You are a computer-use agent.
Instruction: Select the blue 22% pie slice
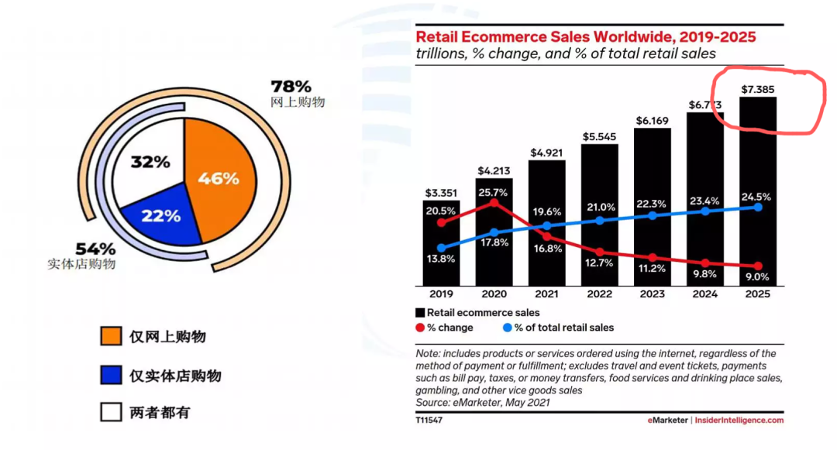pyautogui.click(x=160, y=216)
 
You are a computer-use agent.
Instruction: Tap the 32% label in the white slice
pyautogui.click(x=150, y=162)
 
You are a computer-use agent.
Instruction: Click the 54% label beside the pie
pyautogui.click(x=95, y=249)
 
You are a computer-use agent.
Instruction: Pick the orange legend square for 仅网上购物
pyautogui.click(x=111, y=336)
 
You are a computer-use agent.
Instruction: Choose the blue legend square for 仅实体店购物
pyautogui.click(x=111, y=375)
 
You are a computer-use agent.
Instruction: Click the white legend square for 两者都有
pyautogui.click(x=111, y=412)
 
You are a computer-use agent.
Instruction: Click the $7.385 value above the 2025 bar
pyautogui.click(x=758, y=90)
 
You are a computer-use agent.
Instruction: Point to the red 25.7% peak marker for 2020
pyautogui.click(x=494, y=203)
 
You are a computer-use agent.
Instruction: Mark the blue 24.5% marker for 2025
pyautogui.click(x=758, y=207)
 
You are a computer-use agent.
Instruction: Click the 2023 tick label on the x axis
pyautogui.click(x=652, y=295)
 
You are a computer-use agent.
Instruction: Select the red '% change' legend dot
pyautogui.click(x=420, y=328)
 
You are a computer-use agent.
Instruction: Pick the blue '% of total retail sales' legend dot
pyautogui.click(x=508, y=328)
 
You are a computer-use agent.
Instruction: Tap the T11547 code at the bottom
pyautogui.click(x=430, y=420)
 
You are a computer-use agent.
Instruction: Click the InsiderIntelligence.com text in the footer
pyautogui.click(x=739, y=420)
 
